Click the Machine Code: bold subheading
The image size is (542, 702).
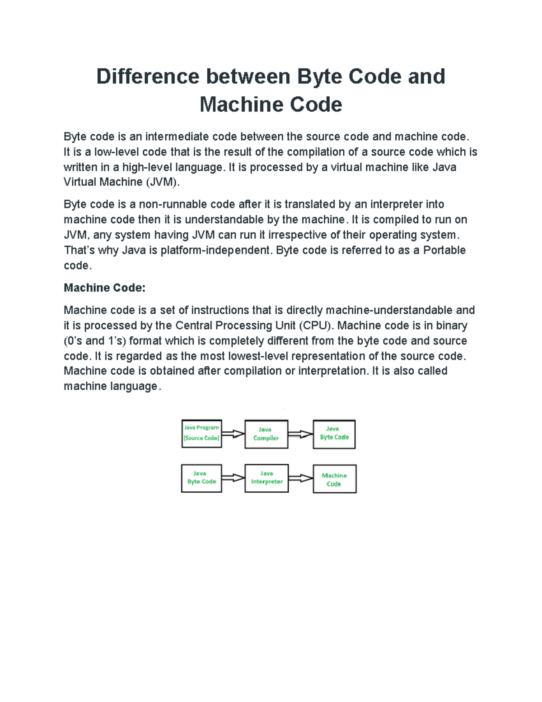tap(104, 288)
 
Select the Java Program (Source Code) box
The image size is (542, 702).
tap(201, 433)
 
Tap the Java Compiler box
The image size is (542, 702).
tap(266, 434)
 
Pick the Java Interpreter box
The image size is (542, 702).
tap(266, 478)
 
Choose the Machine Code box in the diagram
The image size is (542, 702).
tap(334, 479)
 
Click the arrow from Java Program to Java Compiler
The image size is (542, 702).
tap(233, 434)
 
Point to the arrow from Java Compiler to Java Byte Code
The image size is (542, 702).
tap(300, 434)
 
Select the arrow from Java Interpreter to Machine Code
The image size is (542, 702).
tap(300, 478)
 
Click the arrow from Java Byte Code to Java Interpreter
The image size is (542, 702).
tap(233, 478)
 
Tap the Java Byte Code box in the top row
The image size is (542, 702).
tap(334, 434)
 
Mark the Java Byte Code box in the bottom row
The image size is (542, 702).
tap(201, 478)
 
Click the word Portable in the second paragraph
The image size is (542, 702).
tap(444, 250)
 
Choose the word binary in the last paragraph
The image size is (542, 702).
tap(451, 325)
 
